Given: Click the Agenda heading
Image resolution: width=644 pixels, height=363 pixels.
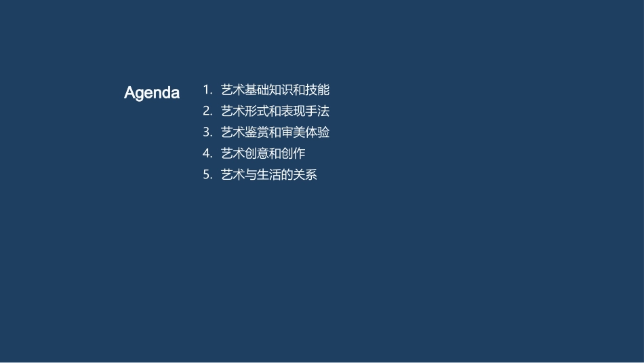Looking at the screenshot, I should pyautogui.click(x=152, y=93).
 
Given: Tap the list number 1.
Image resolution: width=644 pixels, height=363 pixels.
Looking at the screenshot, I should pyautogui.click(x=207, y=90).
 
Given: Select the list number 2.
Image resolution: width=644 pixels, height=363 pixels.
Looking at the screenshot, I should pyautogui.click(x=207, y=111).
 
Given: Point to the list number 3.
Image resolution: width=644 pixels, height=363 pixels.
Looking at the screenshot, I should pyautogui.click(x=207, y=132).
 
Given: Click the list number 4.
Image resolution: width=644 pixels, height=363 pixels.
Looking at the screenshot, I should pyautogui.click(x=207, y=153).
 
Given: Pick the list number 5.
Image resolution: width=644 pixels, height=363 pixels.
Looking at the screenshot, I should pyautogui.click(x=207, y=175).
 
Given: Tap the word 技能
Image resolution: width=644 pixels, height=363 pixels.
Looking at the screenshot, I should pyautogui.click(x=318, y=90).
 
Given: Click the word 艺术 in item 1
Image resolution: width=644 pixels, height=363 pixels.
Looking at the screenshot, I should pyautogui.click(x=233, y=90).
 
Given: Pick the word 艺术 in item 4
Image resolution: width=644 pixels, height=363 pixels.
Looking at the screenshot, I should pyautogui.click(x=233, y=153).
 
